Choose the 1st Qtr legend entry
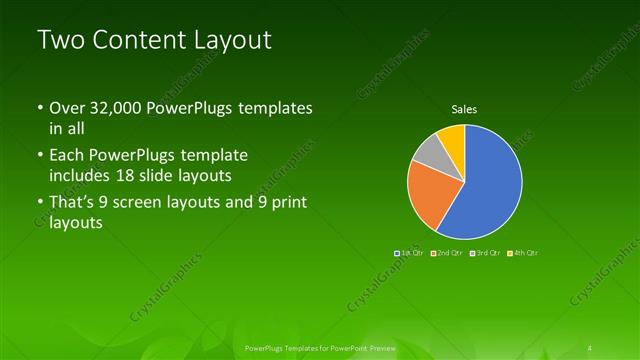[x=412, y=253]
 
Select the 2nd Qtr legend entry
[x=449, y=253]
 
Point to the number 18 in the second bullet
[x=158, y=175]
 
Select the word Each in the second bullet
[x=67, y=156]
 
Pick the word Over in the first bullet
[x=68, y=108]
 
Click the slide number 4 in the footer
[x=591, y=348]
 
